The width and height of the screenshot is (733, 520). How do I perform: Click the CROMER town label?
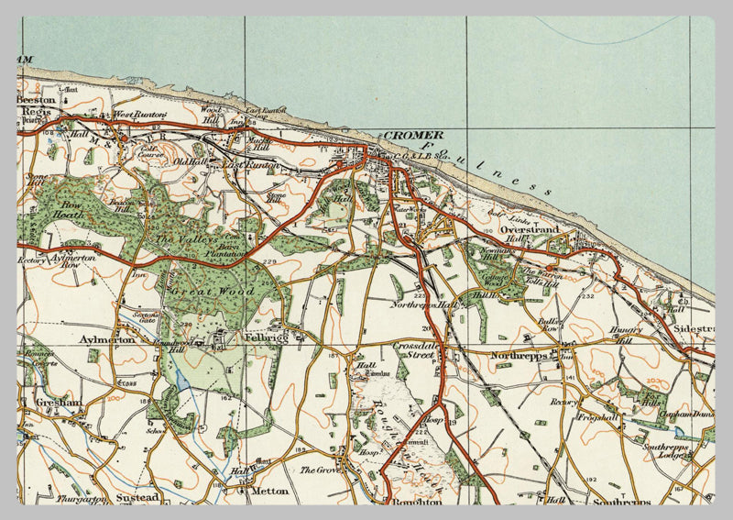[412, 135]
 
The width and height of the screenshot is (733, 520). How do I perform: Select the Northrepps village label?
[519, 355]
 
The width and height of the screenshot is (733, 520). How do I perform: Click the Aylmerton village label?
[108, 339]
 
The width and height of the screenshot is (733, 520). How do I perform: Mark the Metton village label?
[268, 491]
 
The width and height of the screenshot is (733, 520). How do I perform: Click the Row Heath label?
[71, 211]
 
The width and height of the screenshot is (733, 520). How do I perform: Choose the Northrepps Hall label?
[422, 304]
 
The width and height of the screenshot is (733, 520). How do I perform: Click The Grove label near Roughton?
[320, 470]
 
